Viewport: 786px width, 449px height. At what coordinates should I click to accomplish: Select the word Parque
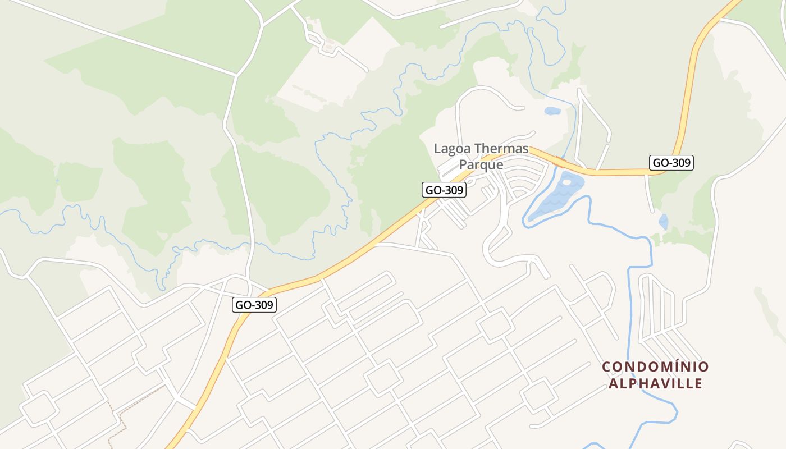(481, 165)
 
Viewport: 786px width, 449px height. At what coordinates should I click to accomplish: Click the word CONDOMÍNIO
(655, 367)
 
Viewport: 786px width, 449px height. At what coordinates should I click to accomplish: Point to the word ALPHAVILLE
(655, 383)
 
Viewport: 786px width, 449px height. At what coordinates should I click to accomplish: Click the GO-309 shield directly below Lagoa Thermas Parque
(444, 190)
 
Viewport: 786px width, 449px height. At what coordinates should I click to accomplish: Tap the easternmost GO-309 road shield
(671, 163)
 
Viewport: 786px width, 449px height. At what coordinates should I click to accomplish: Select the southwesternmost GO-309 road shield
(254, 305)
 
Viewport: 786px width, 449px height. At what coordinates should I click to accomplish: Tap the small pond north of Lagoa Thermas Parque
(552, 111)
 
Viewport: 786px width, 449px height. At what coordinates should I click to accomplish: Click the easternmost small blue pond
(664, 222)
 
